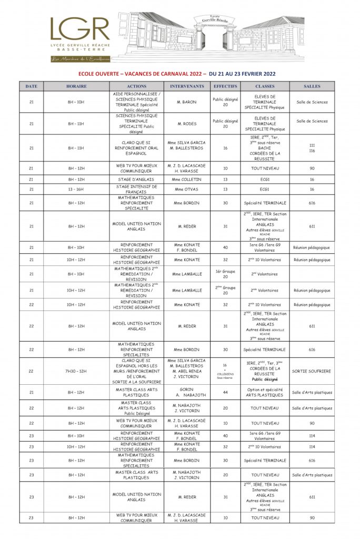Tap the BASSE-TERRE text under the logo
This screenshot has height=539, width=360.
80,50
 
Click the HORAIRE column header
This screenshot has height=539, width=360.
76,86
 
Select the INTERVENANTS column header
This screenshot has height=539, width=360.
187,86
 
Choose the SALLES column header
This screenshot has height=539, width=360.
312,86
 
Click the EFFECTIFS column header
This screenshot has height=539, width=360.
225,86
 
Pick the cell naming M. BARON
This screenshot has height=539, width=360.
187,102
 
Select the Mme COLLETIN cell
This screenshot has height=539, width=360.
187,179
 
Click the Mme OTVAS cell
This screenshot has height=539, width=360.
187,189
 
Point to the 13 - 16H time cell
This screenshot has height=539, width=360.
76,189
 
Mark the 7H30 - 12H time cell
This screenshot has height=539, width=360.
76,371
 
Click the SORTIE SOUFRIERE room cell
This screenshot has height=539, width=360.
312,371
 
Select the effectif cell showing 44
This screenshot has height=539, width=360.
225,392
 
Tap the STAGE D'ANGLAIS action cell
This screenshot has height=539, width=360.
137,179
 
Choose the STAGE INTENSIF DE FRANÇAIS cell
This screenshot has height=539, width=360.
137,189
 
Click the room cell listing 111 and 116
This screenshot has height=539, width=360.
312,148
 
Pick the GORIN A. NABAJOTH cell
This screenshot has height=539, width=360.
187,392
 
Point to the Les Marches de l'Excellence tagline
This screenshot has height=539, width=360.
80,59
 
